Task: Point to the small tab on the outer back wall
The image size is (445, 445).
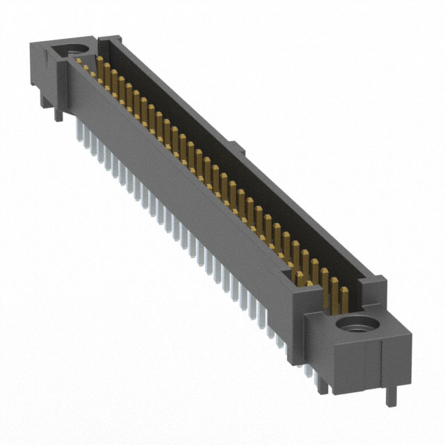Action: (x=236, y=147)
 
